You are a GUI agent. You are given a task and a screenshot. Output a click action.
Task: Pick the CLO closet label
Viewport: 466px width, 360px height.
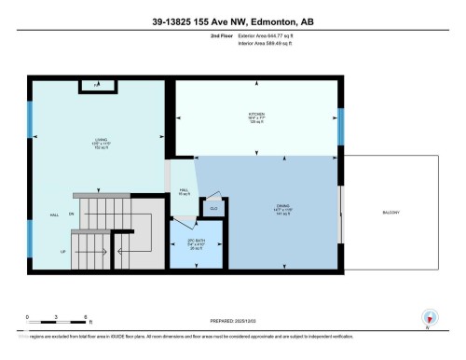pyautogui.click(x=212, y=208)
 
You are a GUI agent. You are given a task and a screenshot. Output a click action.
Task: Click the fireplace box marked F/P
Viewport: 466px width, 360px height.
pyautogui.click(x=97, y=87)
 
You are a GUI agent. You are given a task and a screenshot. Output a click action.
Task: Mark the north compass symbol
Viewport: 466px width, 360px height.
pyautogui.click(x=430, y=318)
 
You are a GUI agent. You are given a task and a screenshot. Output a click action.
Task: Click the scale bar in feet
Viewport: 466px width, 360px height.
pyautogui.click(x=56, y=324)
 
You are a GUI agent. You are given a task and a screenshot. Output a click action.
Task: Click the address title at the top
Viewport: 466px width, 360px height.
pyautogui.click(x=232, y=16)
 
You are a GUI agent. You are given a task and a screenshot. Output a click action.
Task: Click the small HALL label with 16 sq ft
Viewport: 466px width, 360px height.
pyautogui.click(x=185, y=192)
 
